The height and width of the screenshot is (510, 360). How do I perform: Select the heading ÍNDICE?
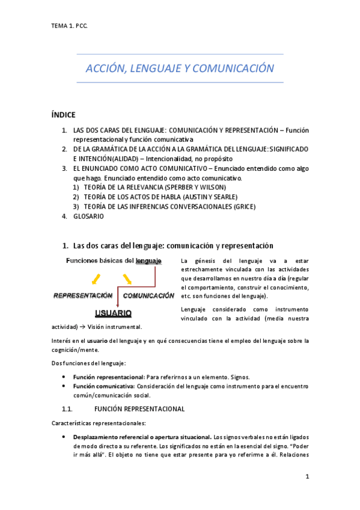pos(65,115)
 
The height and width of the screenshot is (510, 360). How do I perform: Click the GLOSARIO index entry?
pos(88,216)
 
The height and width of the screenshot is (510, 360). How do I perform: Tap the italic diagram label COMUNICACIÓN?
pos(148,296)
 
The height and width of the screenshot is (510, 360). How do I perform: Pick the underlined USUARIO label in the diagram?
pos(113,313)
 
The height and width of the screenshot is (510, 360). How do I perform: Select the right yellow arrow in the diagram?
pos(127,278)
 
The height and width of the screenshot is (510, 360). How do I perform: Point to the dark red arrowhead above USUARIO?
pos(113,304)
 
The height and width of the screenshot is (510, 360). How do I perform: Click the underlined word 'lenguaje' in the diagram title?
pos(148,261)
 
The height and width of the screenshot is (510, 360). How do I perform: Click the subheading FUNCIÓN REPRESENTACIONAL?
pos(140,409)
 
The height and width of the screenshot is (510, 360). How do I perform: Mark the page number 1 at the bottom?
pos(307,478)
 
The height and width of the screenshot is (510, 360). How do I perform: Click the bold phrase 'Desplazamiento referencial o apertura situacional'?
pos(142,437)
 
